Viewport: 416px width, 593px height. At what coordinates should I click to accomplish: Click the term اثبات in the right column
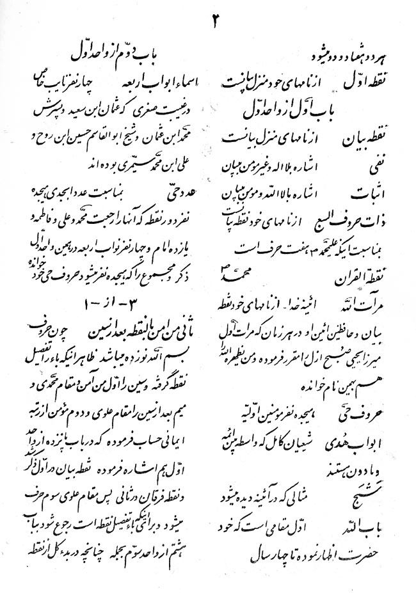377,193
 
